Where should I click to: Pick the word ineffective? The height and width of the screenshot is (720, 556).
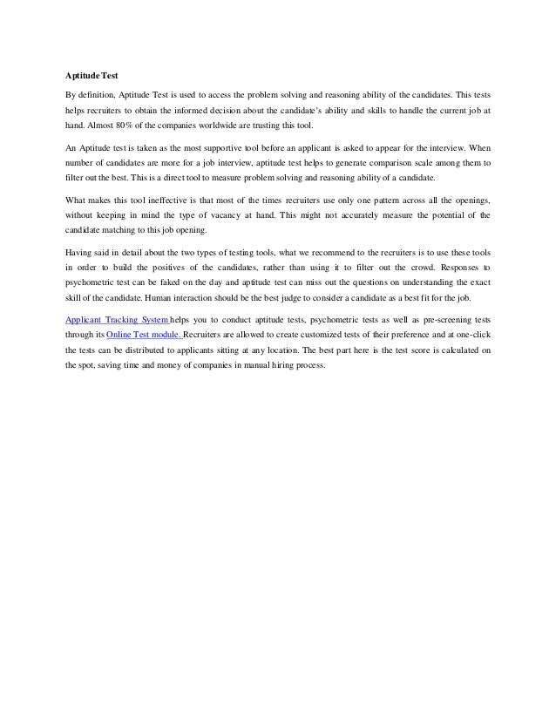click(160, 200)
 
